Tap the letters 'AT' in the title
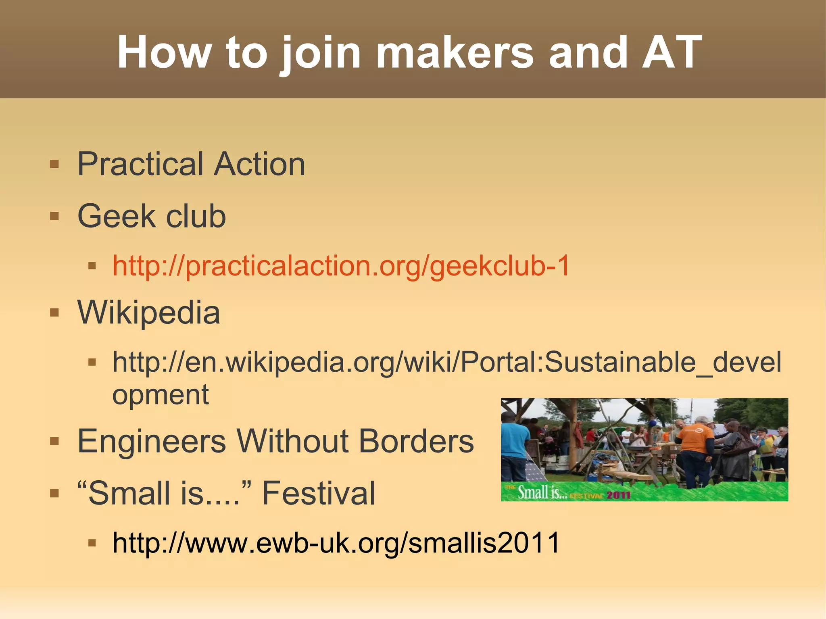(672, 52)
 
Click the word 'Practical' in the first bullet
(141, 164)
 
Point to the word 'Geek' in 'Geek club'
(116, 216)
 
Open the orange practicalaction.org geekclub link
(341, 266)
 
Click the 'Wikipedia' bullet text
(149, 313)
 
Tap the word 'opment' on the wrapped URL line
(161, 394)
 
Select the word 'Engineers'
(152, 441)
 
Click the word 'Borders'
(416, 441)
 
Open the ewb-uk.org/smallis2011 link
(336, 543)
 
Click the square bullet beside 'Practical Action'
(54, 164)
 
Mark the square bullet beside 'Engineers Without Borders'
(54, 441)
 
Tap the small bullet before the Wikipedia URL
(92, 362)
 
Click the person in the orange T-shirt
(695, 448)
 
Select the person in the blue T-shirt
(515, 444)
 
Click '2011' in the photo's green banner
(618, 495)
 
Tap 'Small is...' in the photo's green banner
(542, 493)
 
